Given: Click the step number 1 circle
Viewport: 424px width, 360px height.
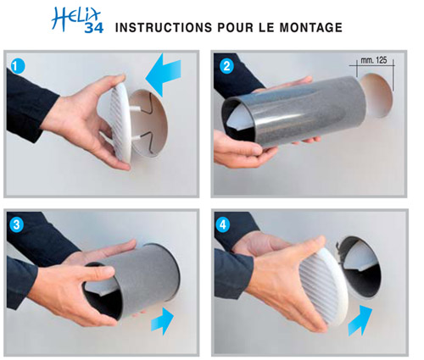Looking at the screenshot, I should [19, 65].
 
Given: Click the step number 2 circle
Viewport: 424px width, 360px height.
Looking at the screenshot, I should [226, 65].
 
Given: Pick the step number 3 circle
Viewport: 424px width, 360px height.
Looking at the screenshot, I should [19, 224].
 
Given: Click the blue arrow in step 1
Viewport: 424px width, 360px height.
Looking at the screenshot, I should [169, 79].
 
